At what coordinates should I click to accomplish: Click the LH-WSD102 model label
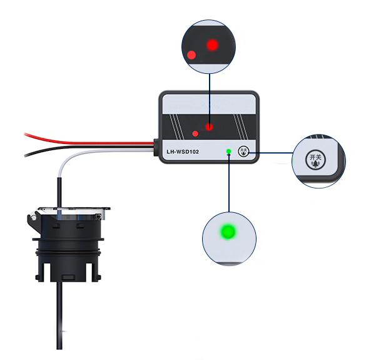(183, 152)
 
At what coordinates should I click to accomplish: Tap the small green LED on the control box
(229, 151)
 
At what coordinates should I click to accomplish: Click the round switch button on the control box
(243, 152)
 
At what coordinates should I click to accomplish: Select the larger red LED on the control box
(209, 127)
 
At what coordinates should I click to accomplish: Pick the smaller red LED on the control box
(195, 133)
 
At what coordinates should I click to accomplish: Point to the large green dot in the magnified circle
(228, 231)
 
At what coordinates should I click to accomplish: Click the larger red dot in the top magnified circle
(213, 45)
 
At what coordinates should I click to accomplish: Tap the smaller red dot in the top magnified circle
(191, 55)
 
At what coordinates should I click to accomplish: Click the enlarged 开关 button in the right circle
(315, 160)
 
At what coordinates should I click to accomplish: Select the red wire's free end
(25, 134)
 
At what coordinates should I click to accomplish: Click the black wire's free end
(25, 155)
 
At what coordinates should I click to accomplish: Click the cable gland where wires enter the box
(156, 147)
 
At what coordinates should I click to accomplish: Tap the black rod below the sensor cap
(59, 315)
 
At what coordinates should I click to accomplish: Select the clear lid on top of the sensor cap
(74, 213)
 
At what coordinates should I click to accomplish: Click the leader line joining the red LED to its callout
(210, 99)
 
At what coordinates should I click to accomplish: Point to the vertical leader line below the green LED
(229, 183)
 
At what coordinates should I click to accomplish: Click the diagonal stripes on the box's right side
(240, 126)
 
